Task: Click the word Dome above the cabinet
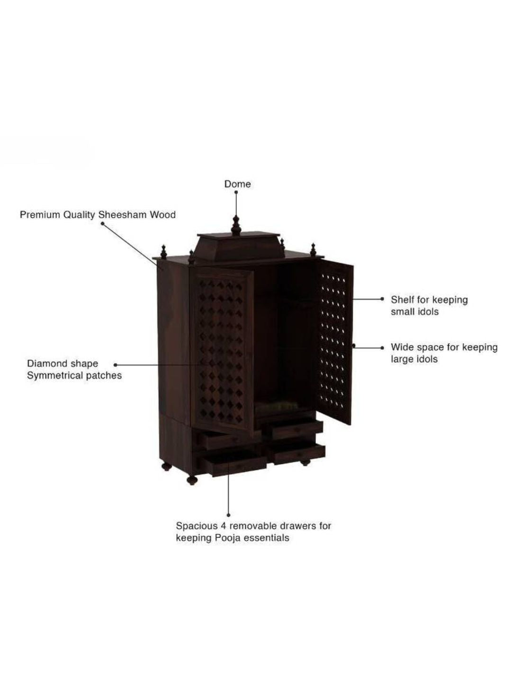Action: pyautogui.click(x=237, y=184)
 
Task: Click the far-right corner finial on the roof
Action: pyautogui.click(x=313, y=250)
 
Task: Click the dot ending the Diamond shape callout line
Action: pyautogui.click(x=116, y=365)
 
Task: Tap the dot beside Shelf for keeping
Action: pyautogui.click(x=382, y=299)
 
